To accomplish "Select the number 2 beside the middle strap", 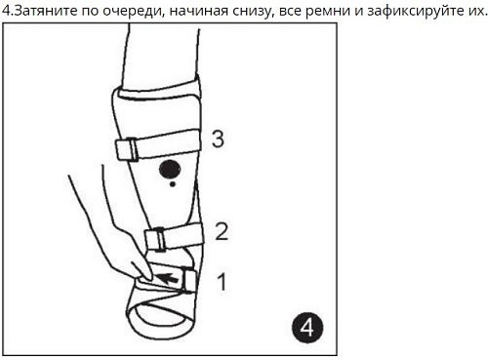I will pos(222,231).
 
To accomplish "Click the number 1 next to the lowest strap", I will pos(221,282).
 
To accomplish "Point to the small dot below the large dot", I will pos(173,183).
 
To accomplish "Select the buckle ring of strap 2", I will pos(153,239).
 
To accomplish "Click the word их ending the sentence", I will pos(475,11).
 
